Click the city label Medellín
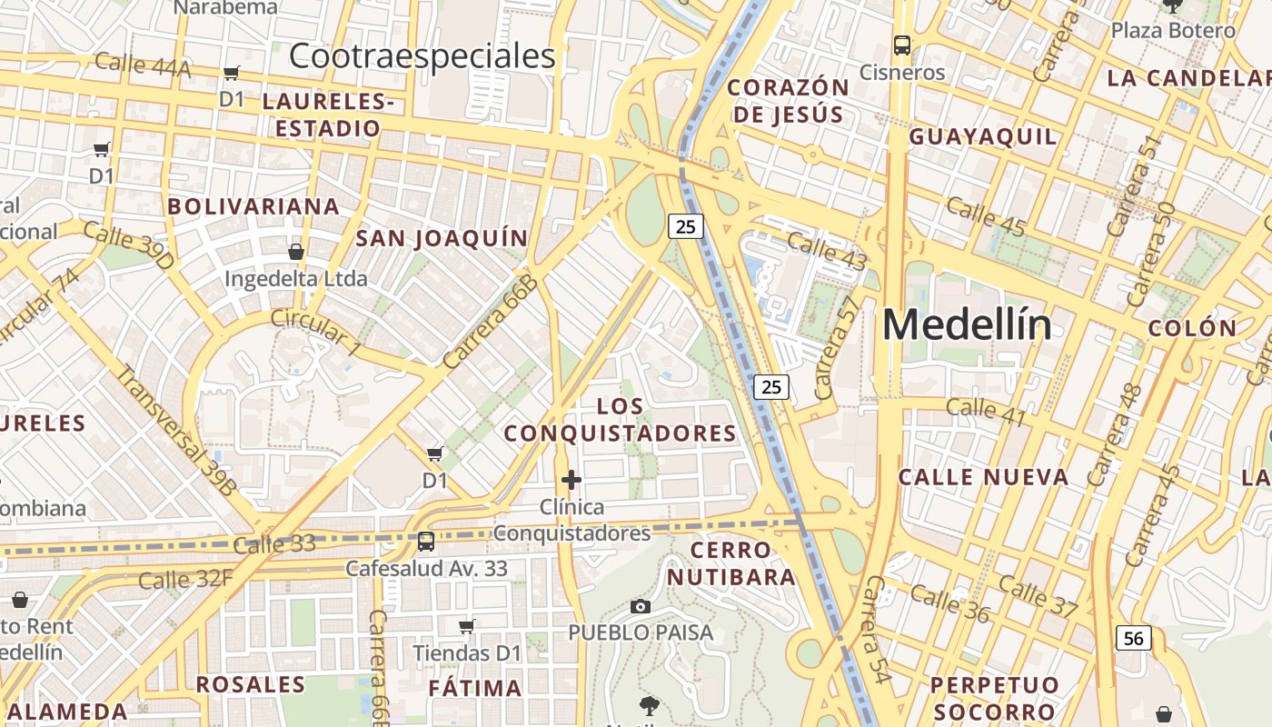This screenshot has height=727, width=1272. pyautogui.click(x=967, y=324)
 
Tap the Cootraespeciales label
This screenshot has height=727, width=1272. pyautogui.click(x=422, y=56)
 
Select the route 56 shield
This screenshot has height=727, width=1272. pyautogui.click(x=1134, y=638)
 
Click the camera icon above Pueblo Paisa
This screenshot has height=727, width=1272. pyautogui.click(x=641, y=606)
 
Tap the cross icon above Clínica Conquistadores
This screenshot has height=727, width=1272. pyautogui.click(x=571, y=479)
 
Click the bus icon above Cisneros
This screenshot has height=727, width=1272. pyautogui.click(x=902, y=45)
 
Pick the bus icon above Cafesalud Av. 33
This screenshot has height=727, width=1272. pyautogui.click(x=425, y=542)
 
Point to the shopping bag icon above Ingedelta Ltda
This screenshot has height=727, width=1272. pyautogui.click(x=296, y=251)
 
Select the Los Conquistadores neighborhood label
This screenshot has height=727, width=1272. pyautogui.click(x=621, y=420)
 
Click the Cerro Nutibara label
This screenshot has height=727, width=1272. pyautogui.click(x=731, y=563)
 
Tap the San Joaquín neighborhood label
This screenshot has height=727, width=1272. pyautogui.click(x=442, y=238)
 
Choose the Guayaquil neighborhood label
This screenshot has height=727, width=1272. pyautogui.click(x=983, y=137)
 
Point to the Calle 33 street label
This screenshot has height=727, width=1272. pyautogui.click(x=273, y=544)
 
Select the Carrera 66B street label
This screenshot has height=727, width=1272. pyautogui.click(x=492, y=322)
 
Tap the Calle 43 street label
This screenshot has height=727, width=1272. pyautogui.click(x=826, y=252)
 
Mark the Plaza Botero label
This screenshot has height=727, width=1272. pyautogui.click(x=1173, y=30)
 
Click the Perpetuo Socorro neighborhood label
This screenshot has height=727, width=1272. pyautogui.click(x=995, y=698)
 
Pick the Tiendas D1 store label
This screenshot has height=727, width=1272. pyautogui.click(x=467, y=652)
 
